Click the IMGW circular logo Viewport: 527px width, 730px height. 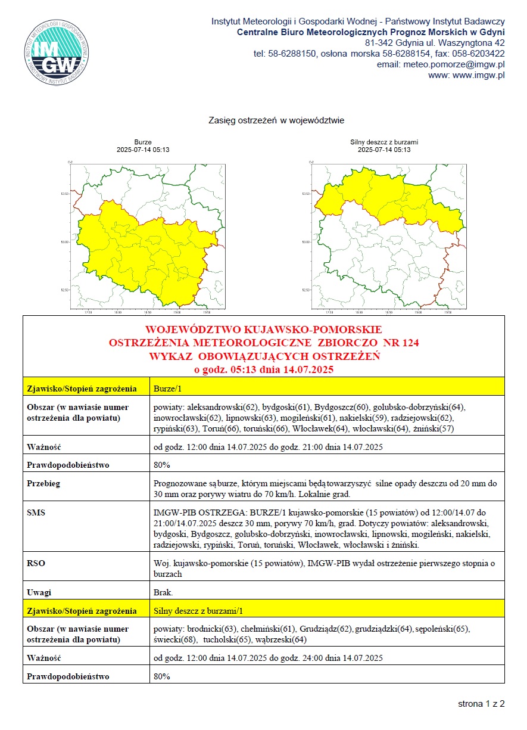tap(57, 49)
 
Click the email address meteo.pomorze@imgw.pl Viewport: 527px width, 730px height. tap(454, 64)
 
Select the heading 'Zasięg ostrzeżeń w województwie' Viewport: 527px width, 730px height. tap(276, 120)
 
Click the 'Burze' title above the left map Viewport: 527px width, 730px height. tap(143, 142)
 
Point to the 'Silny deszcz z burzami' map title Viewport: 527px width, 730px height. tap(384, 142)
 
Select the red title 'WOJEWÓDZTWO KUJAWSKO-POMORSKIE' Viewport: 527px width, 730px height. tap(264, 330)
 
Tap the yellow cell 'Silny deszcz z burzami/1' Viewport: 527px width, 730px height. tap(198, 611)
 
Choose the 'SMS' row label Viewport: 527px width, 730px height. tap(37, 512)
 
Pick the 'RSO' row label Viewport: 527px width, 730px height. tap(36, 563)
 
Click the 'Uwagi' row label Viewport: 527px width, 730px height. tap(39, 592)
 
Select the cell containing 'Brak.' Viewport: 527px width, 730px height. tap(163, 592)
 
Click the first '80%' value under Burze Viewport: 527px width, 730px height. tap(162, 464)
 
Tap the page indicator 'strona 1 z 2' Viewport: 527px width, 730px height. tap(481, 704)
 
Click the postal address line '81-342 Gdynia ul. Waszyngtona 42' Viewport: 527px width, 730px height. tap(435, 43)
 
